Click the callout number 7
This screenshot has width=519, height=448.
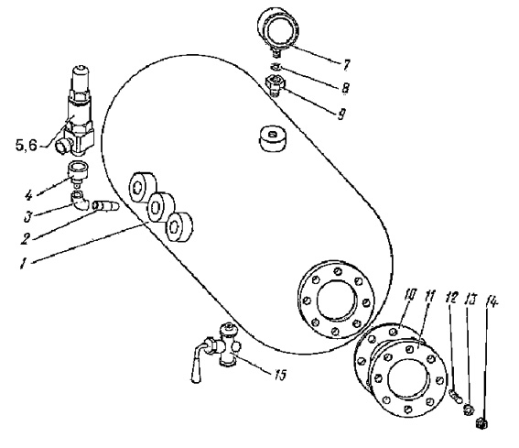(x=346, y=65)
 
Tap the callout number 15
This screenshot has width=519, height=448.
(x=280, y=375)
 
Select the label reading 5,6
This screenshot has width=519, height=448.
(x=27, y=145)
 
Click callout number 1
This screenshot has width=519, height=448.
(x=23, y=264)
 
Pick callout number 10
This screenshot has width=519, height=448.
(x=409, y=295)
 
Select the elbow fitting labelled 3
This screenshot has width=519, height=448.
(x=80, y=201)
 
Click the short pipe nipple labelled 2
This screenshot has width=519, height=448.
(x=106, y=206)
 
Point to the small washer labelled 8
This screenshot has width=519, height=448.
(x=276, y=67)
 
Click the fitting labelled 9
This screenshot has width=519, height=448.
(x=275, y=85)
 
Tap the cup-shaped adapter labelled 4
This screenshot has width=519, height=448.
(x=78, y=171)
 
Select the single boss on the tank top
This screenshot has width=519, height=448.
(x=273, y=139)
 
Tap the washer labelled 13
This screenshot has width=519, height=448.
(x=469, y=409)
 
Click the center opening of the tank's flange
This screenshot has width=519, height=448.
(x=338, y=300)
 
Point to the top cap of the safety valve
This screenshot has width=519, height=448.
(x=81, y=75)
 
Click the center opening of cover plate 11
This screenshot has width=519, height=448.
(x=408, y=378)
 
